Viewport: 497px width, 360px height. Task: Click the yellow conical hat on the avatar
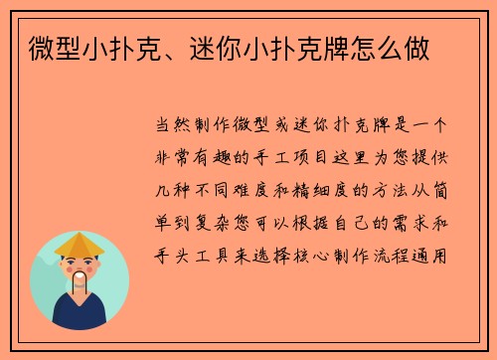[x=79, y=244]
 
